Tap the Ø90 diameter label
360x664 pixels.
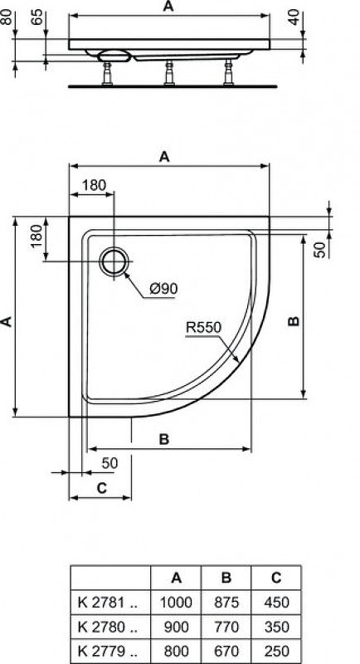click(163, 289)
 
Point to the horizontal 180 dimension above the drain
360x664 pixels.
click(94, 185)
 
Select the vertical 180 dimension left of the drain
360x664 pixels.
click(35, 237)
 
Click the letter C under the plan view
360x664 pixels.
click(101, 488)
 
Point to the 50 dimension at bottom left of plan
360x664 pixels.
click(109, 461)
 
